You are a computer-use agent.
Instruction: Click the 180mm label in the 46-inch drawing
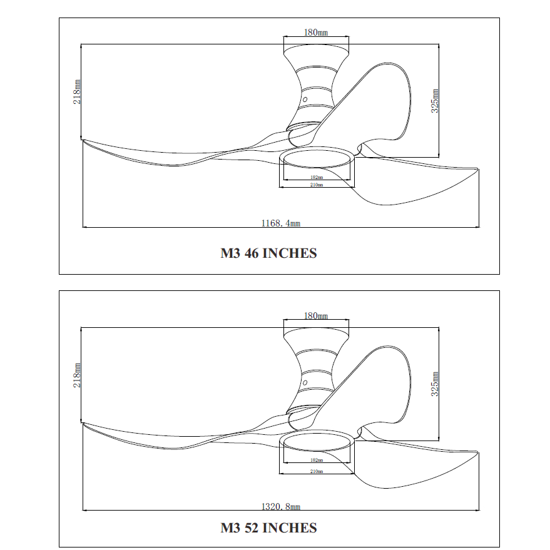316,33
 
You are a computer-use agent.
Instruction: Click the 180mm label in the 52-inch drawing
316,316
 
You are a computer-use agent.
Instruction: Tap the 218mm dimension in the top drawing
77,92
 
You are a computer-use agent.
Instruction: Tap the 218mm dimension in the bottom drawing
77,375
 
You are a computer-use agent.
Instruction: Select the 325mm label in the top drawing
435,101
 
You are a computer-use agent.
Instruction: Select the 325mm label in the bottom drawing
435,384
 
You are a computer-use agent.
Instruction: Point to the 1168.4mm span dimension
281,223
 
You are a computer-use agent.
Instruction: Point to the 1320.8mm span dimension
281,506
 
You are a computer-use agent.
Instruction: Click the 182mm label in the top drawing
317,178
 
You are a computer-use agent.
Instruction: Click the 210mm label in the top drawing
317,185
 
